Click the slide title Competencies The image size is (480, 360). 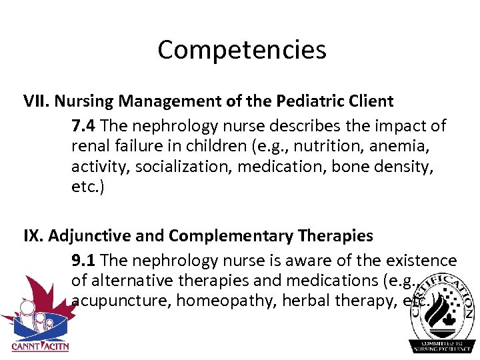[241, 50]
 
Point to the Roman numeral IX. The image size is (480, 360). [33, 236]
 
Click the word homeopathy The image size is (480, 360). [226, 301]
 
